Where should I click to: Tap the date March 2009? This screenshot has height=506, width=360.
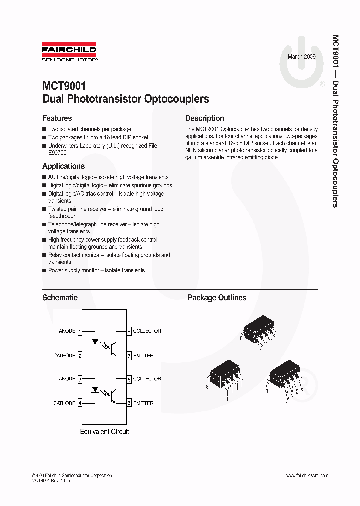pos(301,57)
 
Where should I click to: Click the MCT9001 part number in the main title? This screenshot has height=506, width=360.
pos(64,86)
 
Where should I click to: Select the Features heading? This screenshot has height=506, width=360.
pos(57,118)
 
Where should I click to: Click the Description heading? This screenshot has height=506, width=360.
pos(204,118)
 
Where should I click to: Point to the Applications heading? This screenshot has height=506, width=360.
pos(63,166)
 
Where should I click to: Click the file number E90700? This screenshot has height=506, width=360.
pos(58,153)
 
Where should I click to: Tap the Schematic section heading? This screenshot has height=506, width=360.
pos(60,297)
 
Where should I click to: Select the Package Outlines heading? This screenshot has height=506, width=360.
pos(217,297)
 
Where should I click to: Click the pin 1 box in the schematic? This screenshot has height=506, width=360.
pos(80,331)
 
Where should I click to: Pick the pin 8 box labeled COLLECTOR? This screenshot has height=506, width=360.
pos(129,331)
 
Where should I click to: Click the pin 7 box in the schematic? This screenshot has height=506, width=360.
pos(129,355)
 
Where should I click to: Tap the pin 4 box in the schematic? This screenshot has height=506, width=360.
pos(80,403)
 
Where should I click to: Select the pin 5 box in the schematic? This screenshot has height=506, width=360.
pos(129,403)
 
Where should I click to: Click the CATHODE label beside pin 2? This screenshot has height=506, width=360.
pos(64,355)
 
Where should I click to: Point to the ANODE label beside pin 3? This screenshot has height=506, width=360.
pos(67,379)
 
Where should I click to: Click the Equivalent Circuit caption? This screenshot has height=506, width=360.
pos(104,431)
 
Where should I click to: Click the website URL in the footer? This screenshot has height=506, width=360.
pos(307,475)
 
